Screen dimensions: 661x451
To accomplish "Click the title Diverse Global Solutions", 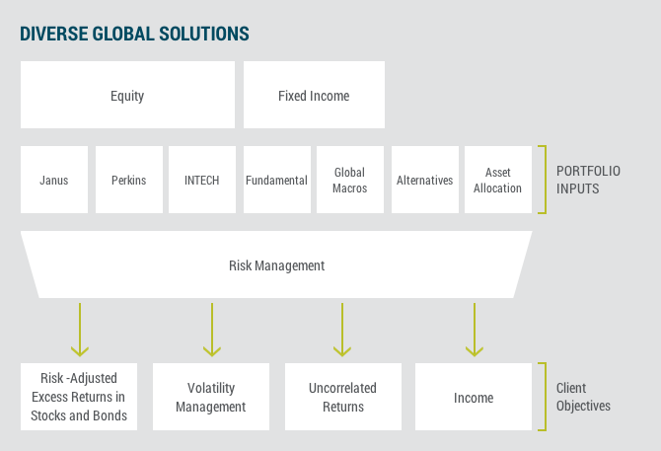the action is (134, 34).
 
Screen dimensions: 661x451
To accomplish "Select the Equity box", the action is (127, 95).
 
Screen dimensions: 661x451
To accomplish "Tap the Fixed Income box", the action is (314, 95).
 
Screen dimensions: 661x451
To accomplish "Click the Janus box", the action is (54, 180).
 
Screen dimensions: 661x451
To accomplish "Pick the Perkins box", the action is (129, 180).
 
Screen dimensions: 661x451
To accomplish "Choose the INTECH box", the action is (202, 180).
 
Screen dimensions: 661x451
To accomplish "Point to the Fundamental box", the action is (277, 180).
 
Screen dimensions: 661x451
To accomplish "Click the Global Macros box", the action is (350, 180).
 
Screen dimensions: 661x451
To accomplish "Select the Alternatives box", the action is (425, 180).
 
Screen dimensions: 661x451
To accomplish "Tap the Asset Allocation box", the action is (498, 180).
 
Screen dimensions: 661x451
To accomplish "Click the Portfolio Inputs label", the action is (588, 180).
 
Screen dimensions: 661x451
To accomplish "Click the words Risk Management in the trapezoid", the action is (276, 265).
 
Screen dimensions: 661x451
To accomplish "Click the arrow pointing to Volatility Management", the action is (212, 330).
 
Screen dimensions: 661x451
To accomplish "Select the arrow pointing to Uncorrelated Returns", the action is (342, 330).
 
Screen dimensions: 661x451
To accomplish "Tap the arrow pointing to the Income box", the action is (475, 330).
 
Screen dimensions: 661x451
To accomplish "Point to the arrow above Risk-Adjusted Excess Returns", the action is (80, 330).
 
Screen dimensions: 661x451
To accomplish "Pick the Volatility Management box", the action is (211, 397).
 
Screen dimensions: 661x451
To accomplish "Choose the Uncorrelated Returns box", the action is (343, 397).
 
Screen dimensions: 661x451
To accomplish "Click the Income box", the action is (474, 397).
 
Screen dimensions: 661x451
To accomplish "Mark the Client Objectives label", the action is (583, 397).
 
